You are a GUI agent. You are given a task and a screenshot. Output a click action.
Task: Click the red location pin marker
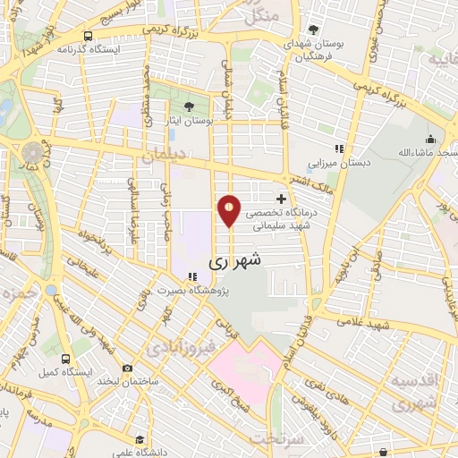click(x=229, y=211)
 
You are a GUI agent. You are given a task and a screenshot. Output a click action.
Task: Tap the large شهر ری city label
click(x=236, y=262)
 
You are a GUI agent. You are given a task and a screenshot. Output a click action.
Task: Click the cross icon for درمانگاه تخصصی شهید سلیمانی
click(x=282, y=198)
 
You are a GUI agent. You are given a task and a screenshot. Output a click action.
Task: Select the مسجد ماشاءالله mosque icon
click(x=430, y=139)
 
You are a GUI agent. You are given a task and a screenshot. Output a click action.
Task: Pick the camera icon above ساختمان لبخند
click(x=127, y=368)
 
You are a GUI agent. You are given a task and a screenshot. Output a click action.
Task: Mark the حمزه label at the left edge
click(x=18, y=293)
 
